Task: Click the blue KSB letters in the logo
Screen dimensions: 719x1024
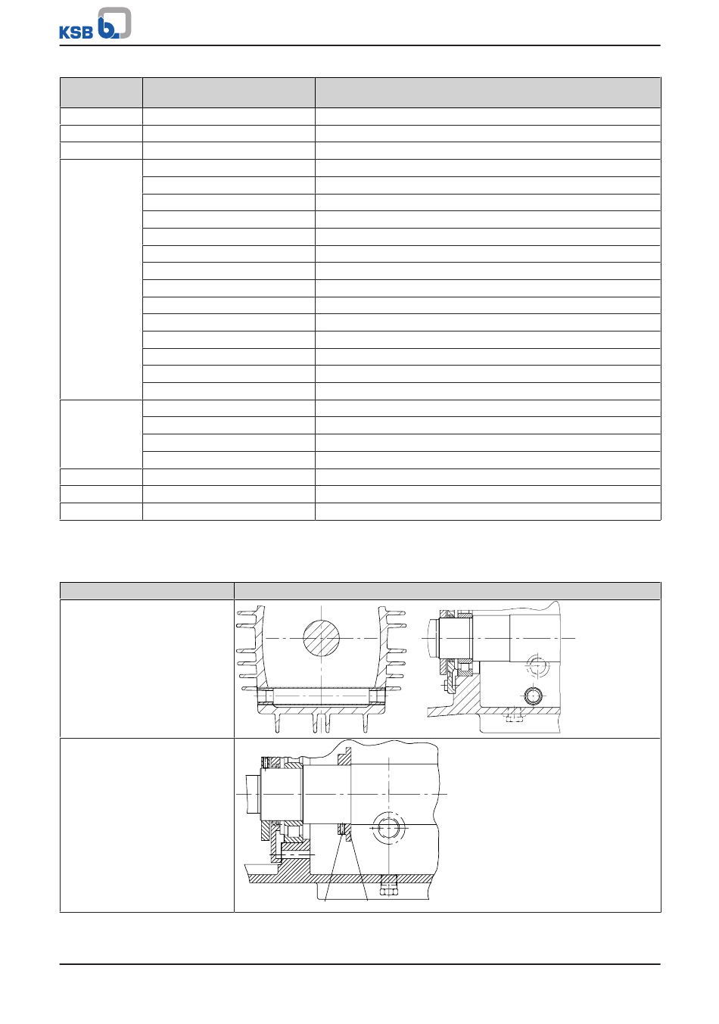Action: [x=76, y=32]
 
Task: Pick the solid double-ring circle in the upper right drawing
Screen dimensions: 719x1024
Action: [x=533, y=696]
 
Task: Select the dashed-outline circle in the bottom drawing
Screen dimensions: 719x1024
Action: [x=388, y=828]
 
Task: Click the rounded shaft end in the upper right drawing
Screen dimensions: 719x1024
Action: [x=432, y=638]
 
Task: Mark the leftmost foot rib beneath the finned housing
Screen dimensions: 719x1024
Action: [x=277, y=723]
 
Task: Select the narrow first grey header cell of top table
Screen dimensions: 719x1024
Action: [x=101, y=92]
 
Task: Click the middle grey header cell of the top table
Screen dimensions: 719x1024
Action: [x=229, y=92]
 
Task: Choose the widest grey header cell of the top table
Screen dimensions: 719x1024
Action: [x=487, y=92]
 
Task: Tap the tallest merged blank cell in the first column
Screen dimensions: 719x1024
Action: [x=101, y=279]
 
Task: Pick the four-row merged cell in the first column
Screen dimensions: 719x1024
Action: [x=101, y=434]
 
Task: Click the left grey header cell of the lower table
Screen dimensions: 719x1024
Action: [x=147, y=590]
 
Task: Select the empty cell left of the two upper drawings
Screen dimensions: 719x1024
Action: [x=147, y=668]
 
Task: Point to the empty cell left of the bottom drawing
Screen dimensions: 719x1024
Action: [x=147, y=825]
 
